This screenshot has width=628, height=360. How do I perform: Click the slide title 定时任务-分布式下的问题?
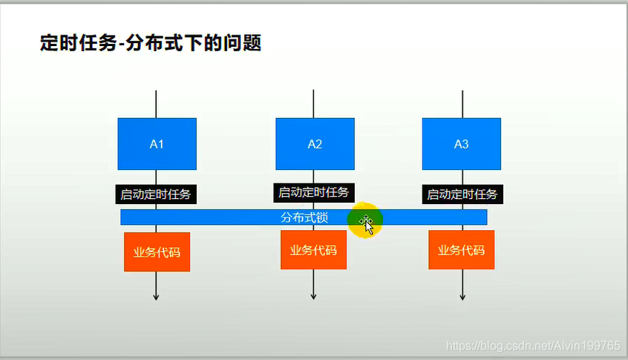coord(151,43)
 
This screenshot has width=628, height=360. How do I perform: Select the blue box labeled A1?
coord(157,144)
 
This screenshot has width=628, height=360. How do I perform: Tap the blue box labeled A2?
coord(315,144)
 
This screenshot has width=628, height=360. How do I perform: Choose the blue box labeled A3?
coord(462,144)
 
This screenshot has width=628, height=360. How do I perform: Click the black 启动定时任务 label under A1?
coord(156,194)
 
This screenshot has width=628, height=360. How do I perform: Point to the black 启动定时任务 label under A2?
coord(313,192)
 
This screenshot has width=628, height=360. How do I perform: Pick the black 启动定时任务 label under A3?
coord(462,194)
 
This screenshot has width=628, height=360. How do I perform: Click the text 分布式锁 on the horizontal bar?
coord(304,217)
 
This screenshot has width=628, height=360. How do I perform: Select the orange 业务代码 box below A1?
coord(157,252)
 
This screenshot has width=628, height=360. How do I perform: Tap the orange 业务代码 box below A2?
coord(313,250)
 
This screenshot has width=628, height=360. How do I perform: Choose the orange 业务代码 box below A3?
coord(462,250)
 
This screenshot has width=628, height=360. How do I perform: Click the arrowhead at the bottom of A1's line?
coord(156,297)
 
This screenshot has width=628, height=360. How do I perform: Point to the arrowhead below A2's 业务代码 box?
coord(313,297)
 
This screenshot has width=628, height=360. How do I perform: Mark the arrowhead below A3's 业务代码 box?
coord(462,297)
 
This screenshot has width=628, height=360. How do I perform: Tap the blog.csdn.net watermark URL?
coord(533,346)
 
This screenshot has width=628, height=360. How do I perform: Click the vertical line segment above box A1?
coord(156,104)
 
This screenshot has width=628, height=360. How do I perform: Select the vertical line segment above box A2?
coord(313,104)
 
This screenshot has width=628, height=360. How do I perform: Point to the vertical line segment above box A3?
coord(462,104)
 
